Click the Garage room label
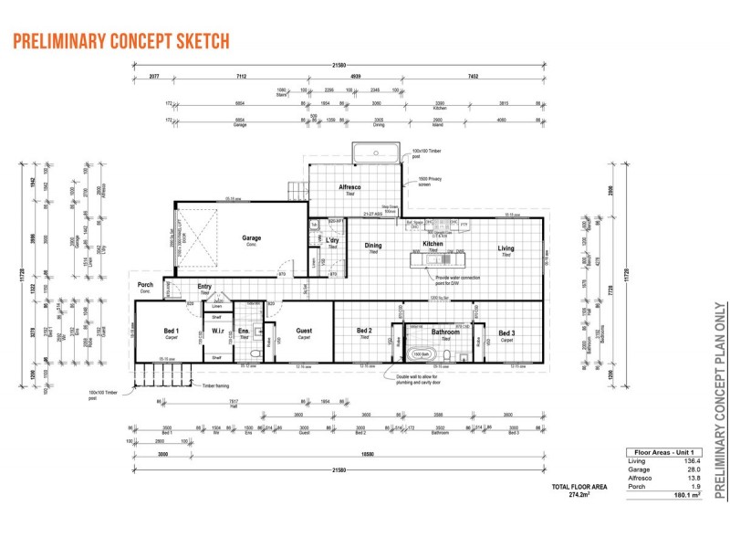tap(251, 238)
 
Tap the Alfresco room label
tap(349, 187)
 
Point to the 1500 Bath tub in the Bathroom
tap(421, 353)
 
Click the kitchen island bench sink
tap(427, 260)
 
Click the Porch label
tap(145, 284)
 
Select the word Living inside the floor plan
tap(506, 248)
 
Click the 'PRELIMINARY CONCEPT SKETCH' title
tap(120, 42)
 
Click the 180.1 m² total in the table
tap(684, 495)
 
